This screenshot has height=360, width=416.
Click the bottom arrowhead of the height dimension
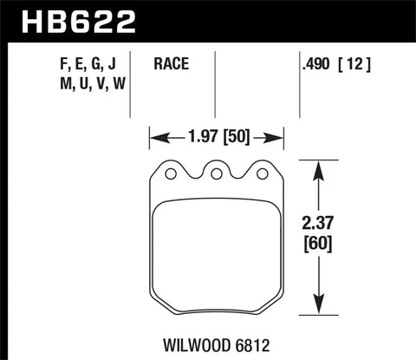click(x=322, y=313)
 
